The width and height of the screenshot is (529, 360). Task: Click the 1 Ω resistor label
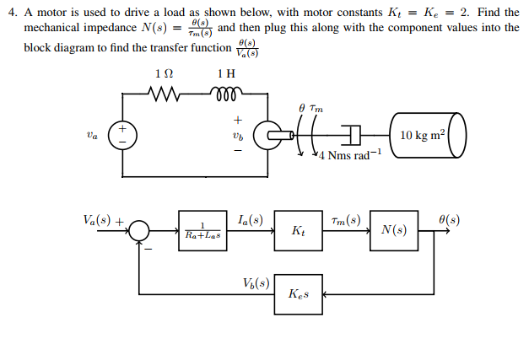(166, 73)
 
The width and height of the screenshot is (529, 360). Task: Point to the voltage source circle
(123, 135)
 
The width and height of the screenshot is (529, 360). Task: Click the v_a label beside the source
(91, 134)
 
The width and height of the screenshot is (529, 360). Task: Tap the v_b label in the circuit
(237, 135)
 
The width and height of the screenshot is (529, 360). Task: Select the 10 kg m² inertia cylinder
(427, 135)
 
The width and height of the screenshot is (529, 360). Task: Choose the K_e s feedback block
(298, 294)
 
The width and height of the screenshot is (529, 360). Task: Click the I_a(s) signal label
(250, 221)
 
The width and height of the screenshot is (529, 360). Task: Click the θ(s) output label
(447, 221)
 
